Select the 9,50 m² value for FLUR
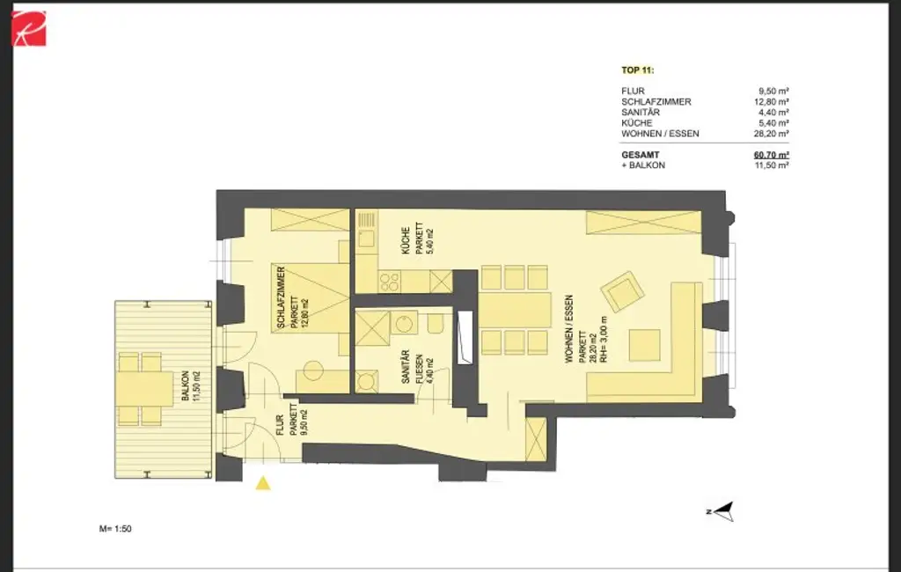772,90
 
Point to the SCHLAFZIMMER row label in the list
656,101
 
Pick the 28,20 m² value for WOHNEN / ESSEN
770,135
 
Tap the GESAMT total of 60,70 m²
771,154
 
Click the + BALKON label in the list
643,165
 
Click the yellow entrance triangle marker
261,482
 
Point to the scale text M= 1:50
115,529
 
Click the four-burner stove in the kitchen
389,282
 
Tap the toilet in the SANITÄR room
434,325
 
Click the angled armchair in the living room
622,292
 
